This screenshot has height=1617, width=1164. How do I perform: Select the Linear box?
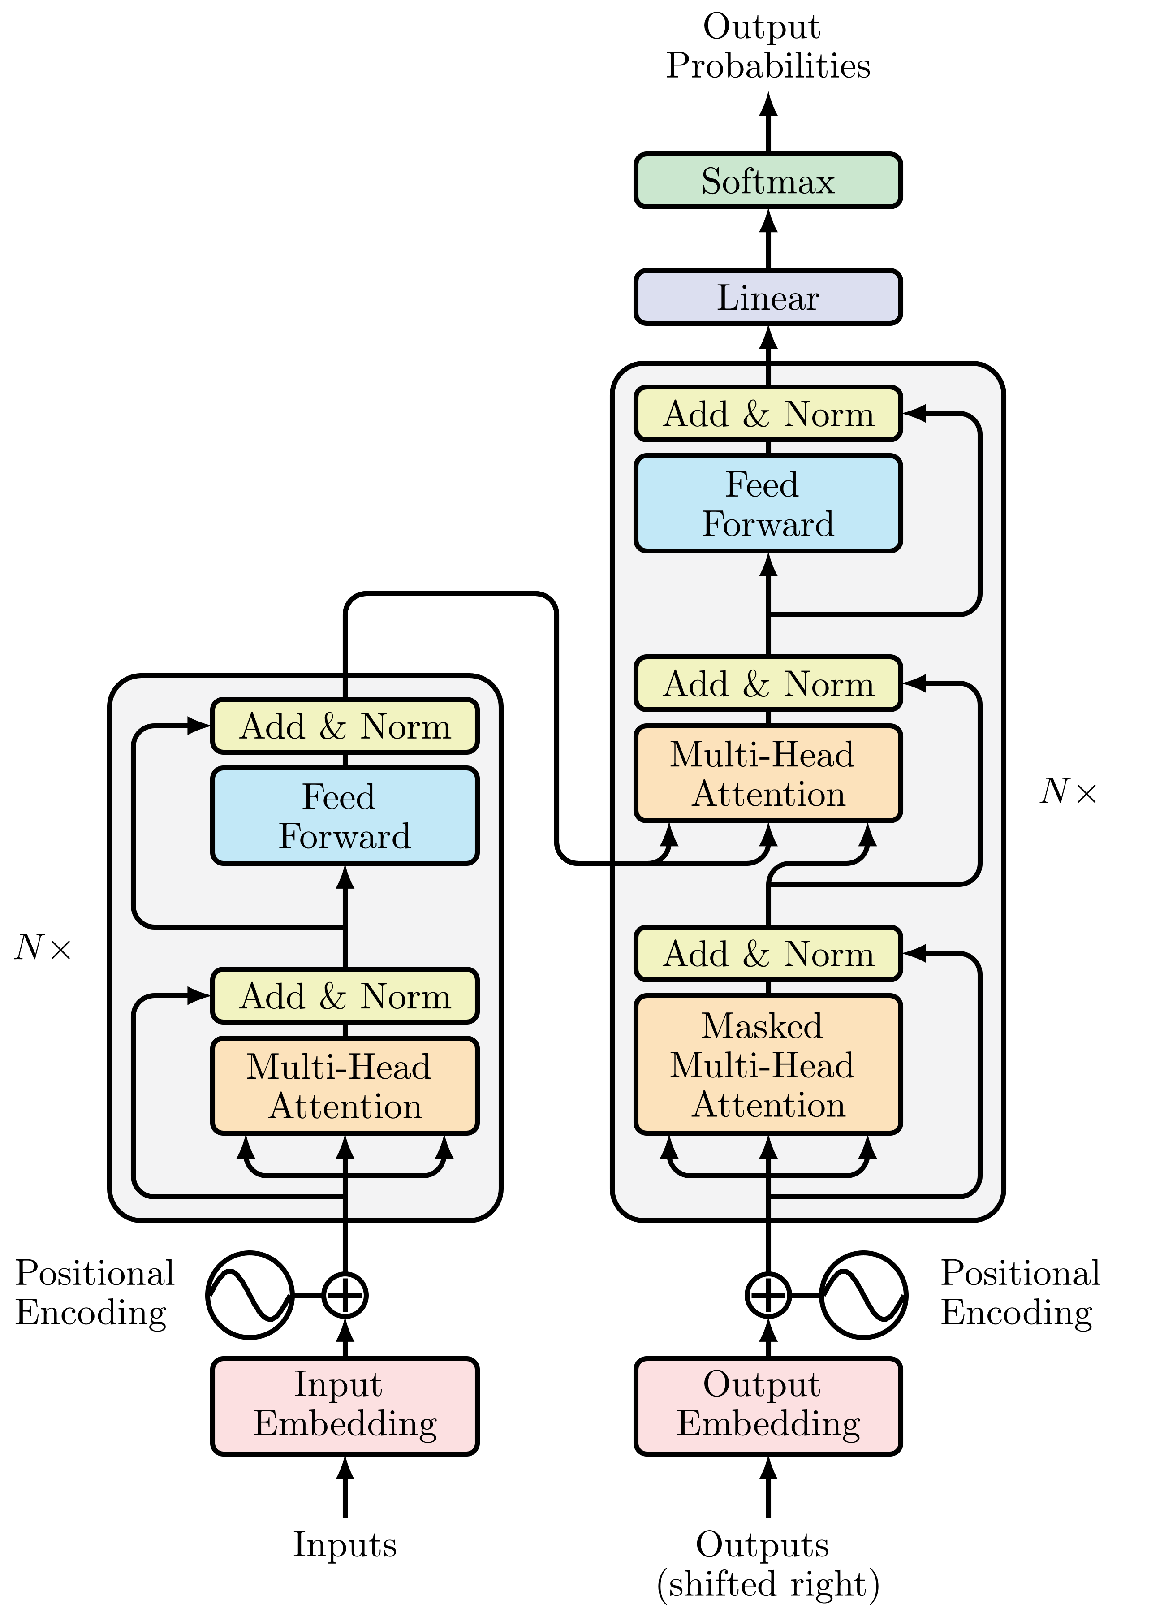point(767,297)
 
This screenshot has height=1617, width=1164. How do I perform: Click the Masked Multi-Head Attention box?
point(767,1064)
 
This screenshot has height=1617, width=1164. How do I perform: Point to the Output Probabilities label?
point(767,46)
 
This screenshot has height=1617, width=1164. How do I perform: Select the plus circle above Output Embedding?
point(767,1295)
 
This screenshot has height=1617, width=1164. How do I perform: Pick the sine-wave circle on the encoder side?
point(250,1295)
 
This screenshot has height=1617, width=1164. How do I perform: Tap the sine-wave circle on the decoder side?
point(863,1295)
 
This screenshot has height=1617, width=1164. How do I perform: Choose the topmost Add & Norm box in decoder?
point(767,414)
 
